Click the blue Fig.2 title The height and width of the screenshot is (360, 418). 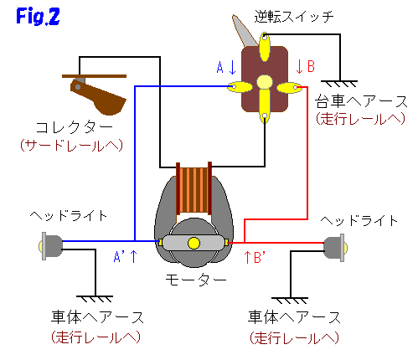(38, 16)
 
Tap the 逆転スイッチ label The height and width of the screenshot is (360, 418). (294, 17)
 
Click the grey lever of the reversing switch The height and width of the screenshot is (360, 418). (244, 31)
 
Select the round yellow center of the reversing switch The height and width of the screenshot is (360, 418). (265, 82)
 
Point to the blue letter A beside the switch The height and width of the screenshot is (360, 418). (220, 68)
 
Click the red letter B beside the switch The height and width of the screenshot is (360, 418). (311, 66)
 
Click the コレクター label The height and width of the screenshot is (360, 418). (74, 127)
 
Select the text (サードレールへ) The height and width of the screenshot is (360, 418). (72, 146)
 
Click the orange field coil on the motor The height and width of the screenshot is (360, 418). (194, 190)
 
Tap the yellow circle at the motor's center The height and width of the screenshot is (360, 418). (194, 243)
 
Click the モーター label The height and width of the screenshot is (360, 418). (196, 280)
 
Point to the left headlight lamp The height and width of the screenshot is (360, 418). (51, 246)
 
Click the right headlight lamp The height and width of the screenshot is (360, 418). (336, 248)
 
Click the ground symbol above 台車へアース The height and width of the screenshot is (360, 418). (339, 84)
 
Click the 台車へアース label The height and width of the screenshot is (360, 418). (361, 101)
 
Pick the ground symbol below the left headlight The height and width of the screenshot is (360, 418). (95, 299)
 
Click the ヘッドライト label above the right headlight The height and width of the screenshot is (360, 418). (359, 220)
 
